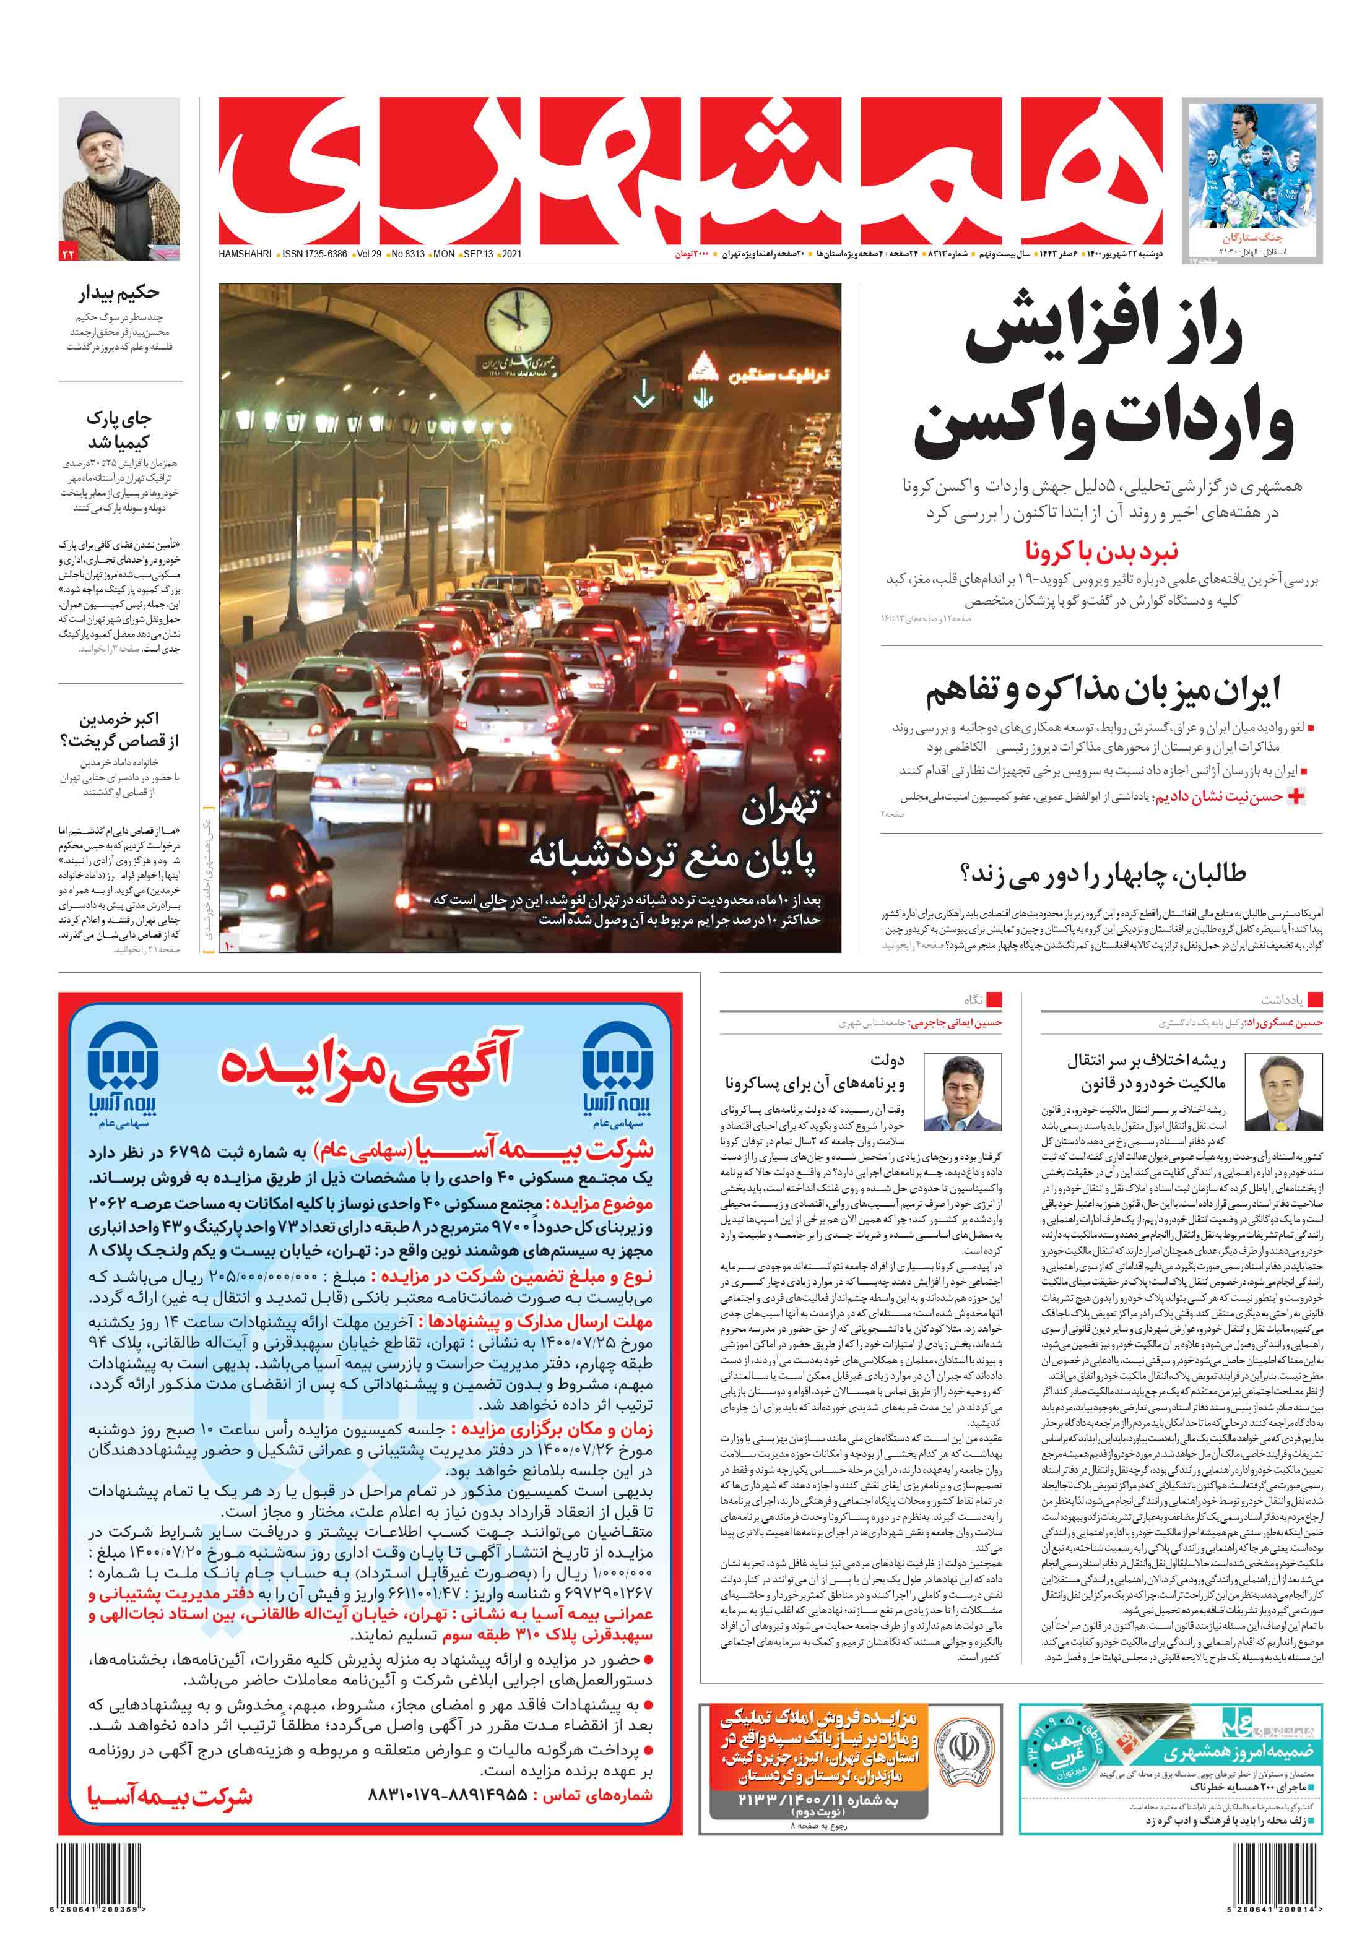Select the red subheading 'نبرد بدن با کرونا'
[x=1101, y=551]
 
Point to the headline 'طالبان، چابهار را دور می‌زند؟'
[x=1102, y=873]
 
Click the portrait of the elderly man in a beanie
[x=119, y=174]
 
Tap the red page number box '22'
[x=69, y=252]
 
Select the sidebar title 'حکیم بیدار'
[x=119, y=293]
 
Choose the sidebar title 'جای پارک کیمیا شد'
[x=119, y=429]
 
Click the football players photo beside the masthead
[x=1252, y=170]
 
